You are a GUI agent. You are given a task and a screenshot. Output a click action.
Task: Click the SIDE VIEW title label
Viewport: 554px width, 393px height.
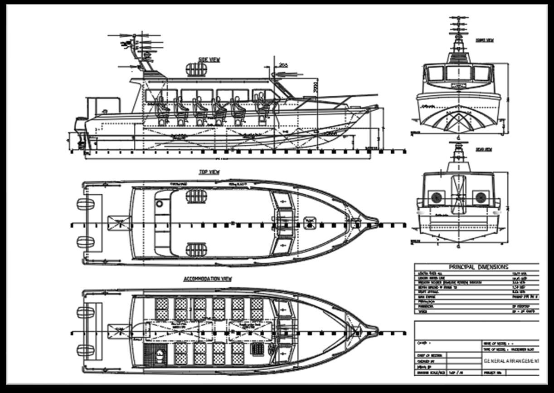tap(209, 60)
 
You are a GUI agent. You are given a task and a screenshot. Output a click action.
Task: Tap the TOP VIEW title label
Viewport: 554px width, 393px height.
tap(209, 172)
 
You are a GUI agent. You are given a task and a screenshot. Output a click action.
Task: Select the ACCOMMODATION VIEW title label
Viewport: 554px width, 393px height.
tap(207, 279)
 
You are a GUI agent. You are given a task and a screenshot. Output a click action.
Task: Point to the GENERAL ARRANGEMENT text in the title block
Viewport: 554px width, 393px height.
tap(511, 361)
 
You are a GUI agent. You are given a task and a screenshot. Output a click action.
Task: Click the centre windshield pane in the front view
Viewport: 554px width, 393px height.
tap(459, 73)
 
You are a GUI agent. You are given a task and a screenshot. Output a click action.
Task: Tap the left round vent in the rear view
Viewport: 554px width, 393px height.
tap(436, 197)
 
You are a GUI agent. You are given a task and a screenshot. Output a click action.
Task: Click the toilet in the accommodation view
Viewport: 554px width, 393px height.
tap(160, 355)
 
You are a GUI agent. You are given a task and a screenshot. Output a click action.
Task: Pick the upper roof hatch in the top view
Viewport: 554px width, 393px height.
tap(196, 196)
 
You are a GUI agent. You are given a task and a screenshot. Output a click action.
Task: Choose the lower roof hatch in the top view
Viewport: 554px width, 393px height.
tap(196, 249)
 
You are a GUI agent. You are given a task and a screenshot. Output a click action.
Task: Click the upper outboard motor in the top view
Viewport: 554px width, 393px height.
tap(85, 205)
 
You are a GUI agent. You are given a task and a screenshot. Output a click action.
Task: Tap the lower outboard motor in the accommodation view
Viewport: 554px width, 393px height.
tap(85, 350)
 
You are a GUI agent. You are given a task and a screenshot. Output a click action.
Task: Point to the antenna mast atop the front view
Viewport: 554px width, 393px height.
tap(458, 34)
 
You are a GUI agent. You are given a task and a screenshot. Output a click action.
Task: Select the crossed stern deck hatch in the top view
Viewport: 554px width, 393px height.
tap(119, 223)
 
